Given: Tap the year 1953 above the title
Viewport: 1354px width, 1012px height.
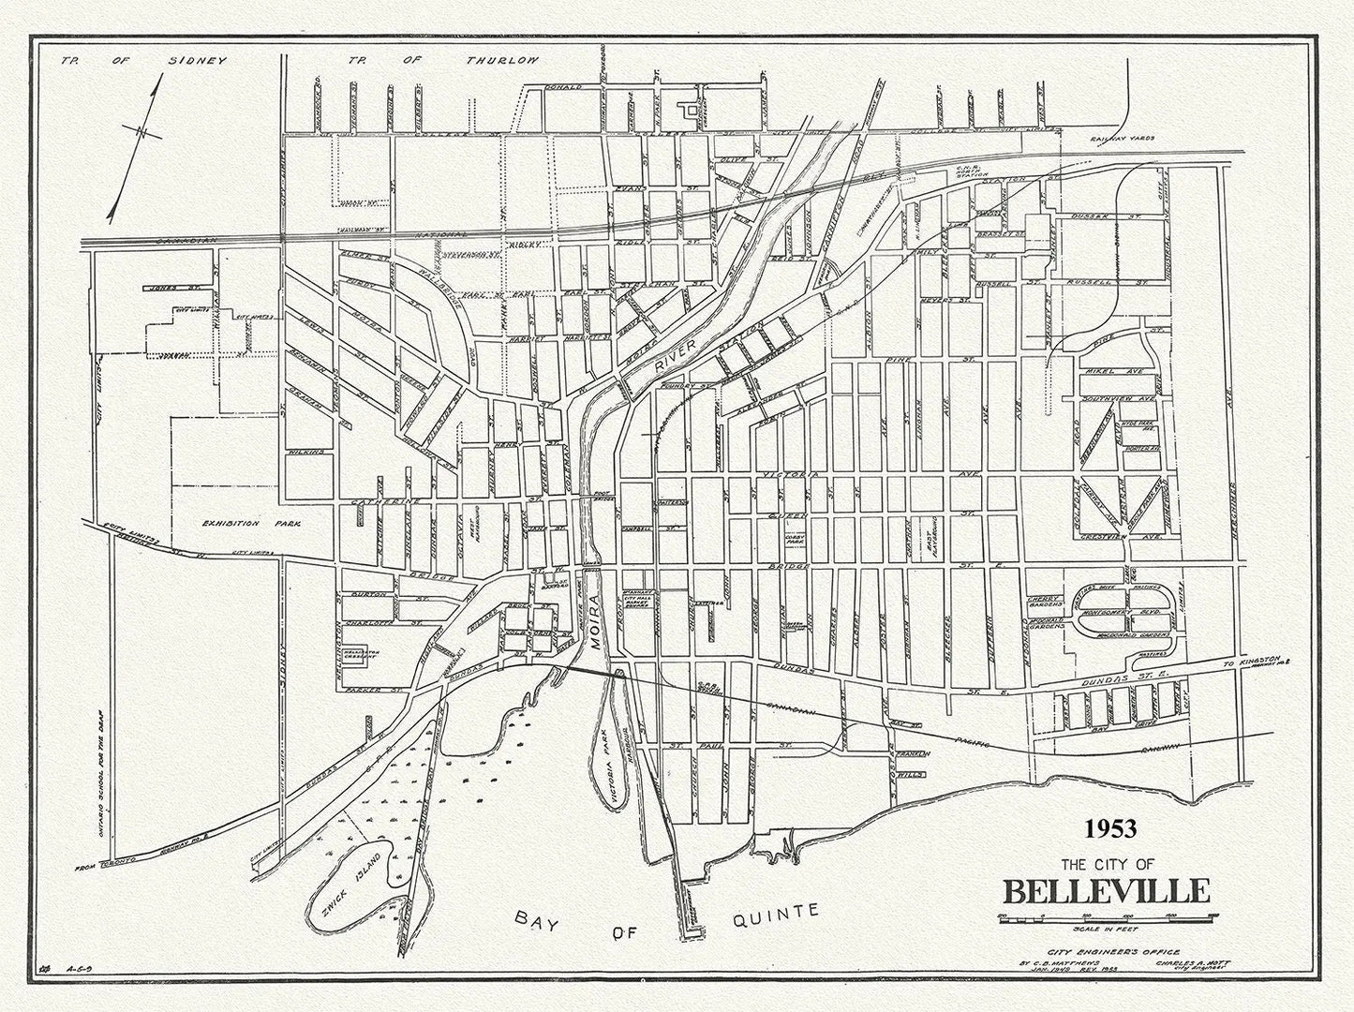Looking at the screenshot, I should tap(1110, 829).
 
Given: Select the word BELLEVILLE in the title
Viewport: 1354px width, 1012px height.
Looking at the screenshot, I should tap(1107, 889).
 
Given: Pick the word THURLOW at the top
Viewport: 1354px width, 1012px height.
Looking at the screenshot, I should tap(503, 61).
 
